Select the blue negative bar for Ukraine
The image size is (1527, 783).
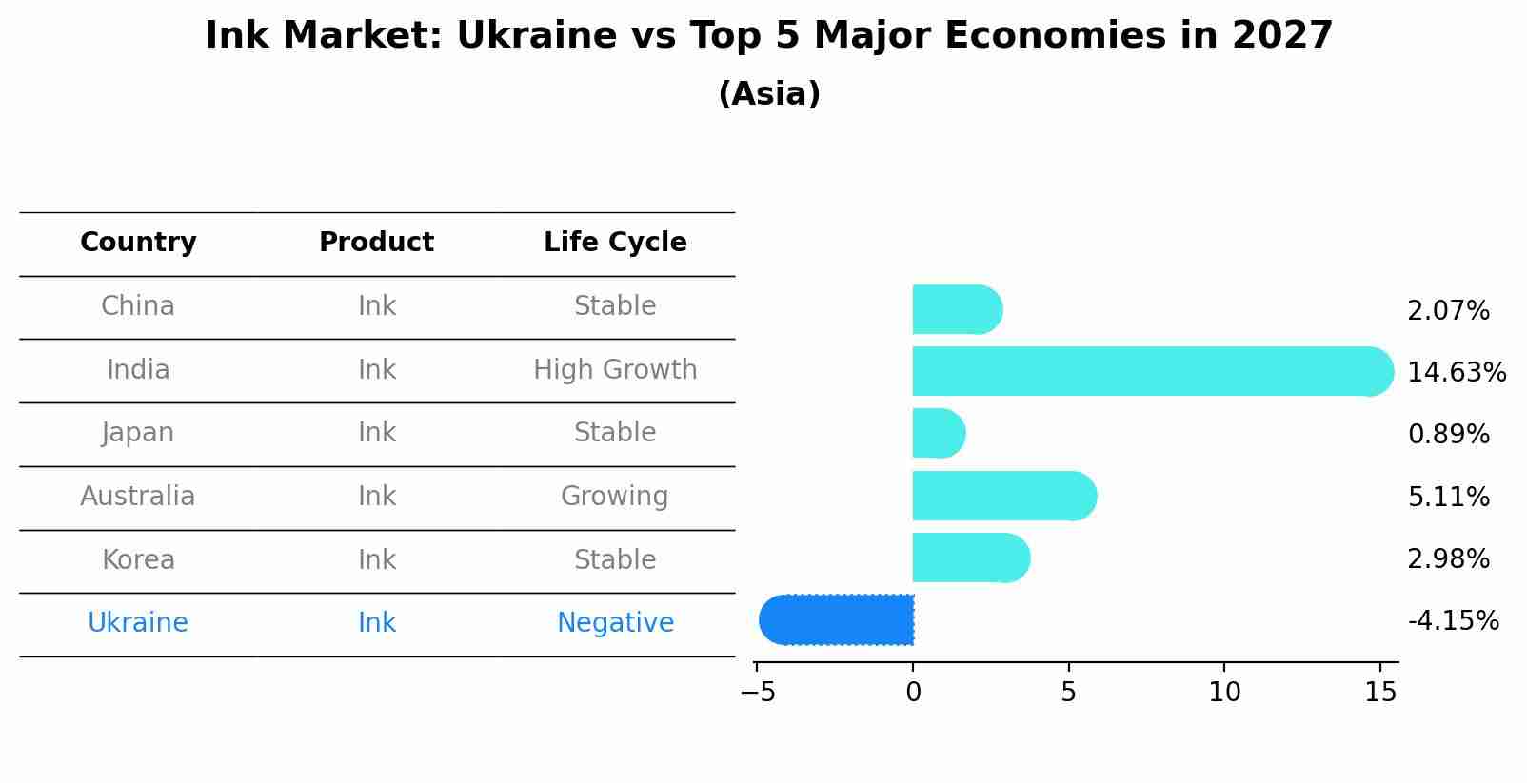click(837, 620)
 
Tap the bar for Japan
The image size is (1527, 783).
click(939, 434)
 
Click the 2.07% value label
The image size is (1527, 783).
click(1448, 311)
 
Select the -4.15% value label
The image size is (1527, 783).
click(1453, 621)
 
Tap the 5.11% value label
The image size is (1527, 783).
click(1448, 497)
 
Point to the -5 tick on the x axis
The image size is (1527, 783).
click(758, 693)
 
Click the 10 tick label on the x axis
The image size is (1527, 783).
click(1224, 693)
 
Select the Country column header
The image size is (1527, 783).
click(138, 243)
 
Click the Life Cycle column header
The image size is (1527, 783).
click(615, 243)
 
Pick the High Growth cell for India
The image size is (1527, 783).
click(615, 370)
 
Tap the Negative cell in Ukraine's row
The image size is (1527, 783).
click(615, 623)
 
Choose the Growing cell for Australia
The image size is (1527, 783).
click(615, 497)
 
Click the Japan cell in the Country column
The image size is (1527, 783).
click(138, 433)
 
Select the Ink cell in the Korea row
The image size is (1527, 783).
click(377, 559)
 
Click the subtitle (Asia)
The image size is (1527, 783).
click(769, 94)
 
